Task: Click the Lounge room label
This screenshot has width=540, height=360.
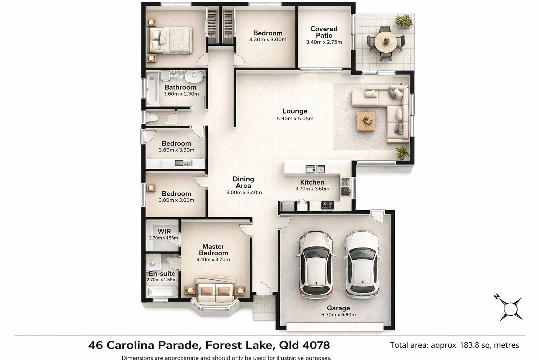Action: pyautogui.click(x=295, y=111)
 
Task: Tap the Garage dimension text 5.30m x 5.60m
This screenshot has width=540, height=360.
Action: pyautogui.click(x=338, y=315)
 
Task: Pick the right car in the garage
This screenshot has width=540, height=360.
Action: pyautogui.click(x=362, y=265)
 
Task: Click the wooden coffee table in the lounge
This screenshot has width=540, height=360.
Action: pyautogui.click(x=366, y=121)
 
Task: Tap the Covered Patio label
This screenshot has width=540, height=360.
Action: pyautogui.click(x=324, y=32)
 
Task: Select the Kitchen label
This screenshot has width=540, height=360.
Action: pyautogui.click(x=312, y=182)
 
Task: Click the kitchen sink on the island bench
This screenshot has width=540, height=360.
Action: pyautogui.click(x=315, y=169)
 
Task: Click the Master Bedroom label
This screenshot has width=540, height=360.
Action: pyautogui.click(x=213, y=250)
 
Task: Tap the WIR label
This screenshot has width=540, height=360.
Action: pyautogui.click(x=164, y=231)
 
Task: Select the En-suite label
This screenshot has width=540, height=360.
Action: pyautogui.click(x=162, y=274)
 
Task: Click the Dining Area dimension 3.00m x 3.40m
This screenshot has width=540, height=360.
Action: pyautogui.click(x=244, y=193)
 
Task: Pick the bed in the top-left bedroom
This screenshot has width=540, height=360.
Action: pyautogui.click(x=171, y=40)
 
